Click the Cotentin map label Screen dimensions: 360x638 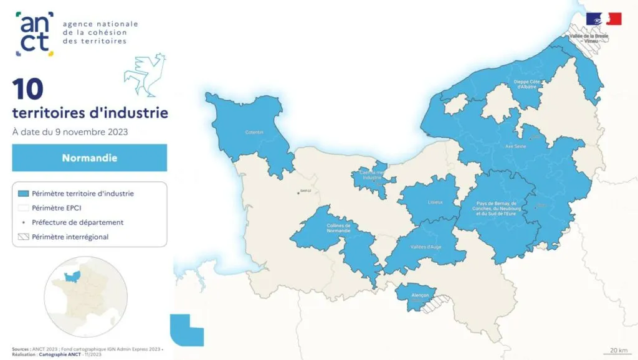(254, 132)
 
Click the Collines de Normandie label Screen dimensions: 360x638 (338, 227)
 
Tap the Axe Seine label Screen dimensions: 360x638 (516, 146)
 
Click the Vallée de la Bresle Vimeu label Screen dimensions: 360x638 (589, 39)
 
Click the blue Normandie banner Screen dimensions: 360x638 (90, 158)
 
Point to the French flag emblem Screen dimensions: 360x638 (604, 19)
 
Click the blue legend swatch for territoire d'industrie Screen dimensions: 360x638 (24, 194)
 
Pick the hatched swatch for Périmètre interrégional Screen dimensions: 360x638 (24, 237)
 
